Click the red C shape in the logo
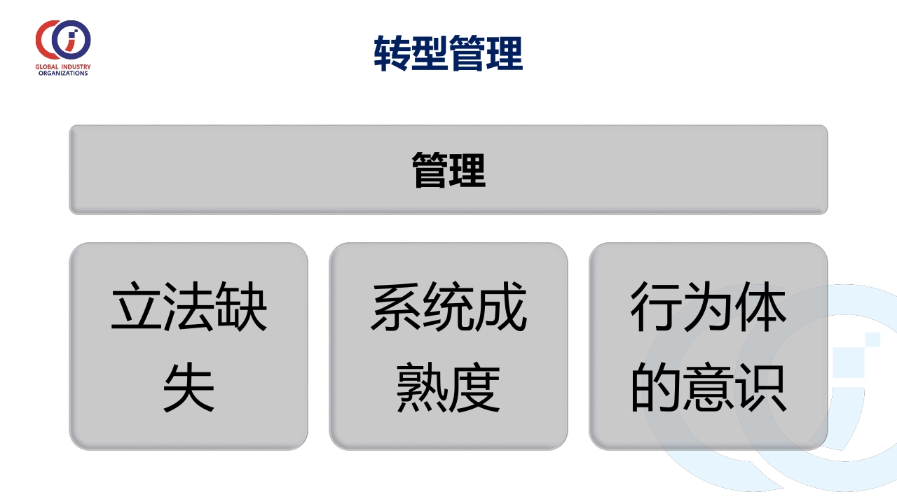[40, 40]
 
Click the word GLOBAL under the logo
[47, 66]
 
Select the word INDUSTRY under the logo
[76, 66]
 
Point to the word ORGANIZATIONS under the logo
[63, 73]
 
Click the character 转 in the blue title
[392, 53]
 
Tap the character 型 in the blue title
[430, 53]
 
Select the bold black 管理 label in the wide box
[448, 169]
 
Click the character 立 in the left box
[137, 306]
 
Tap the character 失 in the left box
[189, 387]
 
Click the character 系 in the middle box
[397, 306]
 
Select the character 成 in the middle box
[500, 306]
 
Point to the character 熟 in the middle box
[423, 387]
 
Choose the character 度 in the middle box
[474, 387]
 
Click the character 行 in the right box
[657, 306]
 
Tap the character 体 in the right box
[760, 306]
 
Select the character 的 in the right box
[657, 387]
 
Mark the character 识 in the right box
[760, 387]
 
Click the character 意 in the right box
[708, 387]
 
